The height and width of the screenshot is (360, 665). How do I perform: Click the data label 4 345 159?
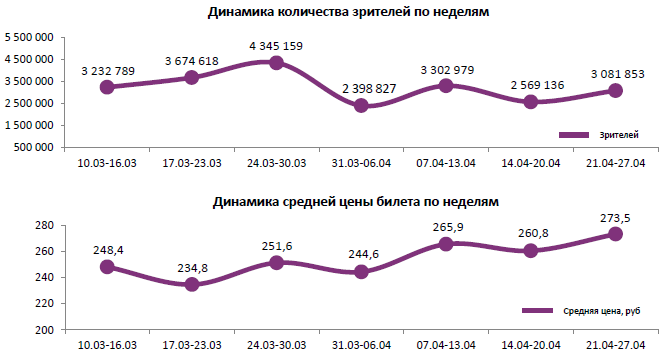point(276,46)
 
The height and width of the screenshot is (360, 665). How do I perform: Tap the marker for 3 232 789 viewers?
point(107,87)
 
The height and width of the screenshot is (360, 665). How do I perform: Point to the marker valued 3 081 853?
point(616,91)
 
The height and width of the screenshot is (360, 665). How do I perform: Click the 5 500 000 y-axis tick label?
point(31,37)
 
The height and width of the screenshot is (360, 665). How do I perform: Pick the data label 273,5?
point(616,217)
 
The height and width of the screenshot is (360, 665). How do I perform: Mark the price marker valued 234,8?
point(191,285)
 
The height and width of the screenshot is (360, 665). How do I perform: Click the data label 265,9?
point(445,227)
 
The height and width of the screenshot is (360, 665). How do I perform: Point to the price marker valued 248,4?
point(107,267)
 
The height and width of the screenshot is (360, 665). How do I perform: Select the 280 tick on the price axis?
point(44,226)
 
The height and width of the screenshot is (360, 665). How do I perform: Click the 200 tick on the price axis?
point(44,330)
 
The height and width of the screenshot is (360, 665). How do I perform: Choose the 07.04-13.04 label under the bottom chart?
point(446,343)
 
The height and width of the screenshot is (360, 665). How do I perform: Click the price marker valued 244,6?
point(361,272)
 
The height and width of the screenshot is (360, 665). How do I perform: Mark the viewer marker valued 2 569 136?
point(531,102)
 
